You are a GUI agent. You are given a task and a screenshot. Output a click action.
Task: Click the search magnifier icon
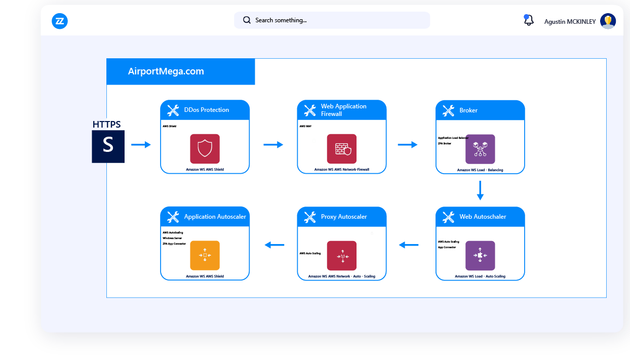(x=247, y=20)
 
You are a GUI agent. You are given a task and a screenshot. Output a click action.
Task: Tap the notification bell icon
(x=529, y=20)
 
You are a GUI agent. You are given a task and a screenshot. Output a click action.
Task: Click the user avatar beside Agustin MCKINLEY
(x=608, y=21)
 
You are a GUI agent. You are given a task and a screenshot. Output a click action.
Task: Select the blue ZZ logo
(x=60, y=21)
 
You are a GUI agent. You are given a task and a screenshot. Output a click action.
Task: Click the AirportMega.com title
(x=166, y=71)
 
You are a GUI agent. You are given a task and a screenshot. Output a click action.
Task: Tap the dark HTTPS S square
(x=108, y=146)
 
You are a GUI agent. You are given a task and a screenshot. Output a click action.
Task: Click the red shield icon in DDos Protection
(x=205, y=148)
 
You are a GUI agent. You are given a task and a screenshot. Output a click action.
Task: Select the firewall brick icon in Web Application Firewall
(x=342, y=148)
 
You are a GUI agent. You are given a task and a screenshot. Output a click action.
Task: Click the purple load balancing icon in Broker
(x=480, y=149)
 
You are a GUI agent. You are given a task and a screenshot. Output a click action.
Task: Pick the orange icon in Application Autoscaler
(x=205, y=255)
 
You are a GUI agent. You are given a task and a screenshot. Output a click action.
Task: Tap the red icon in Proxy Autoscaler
(x=342, y=255)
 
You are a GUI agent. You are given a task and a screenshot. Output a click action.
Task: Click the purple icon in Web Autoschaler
(x=480, y=255)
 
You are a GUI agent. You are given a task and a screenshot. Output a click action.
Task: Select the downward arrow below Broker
(x=480, y=190)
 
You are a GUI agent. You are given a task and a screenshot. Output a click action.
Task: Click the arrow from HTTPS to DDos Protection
(x=141, y=145)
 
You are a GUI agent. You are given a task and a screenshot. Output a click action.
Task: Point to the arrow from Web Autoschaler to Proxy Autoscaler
(x=409, y=246)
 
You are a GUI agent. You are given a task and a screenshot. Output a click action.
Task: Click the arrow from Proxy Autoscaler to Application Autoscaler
(x=274, y=245)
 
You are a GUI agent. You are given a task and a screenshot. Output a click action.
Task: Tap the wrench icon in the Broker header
(x=448, y=110)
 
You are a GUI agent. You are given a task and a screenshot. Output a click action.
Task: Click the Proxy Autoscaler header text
(x=344, y=217)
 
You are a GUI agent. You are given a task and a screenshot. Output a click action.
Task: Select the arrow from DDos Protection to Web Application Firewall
(x=273, y=145)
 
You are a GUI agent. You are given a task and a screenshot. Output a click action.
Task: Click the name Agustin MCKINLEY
(x=570, y=22)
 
